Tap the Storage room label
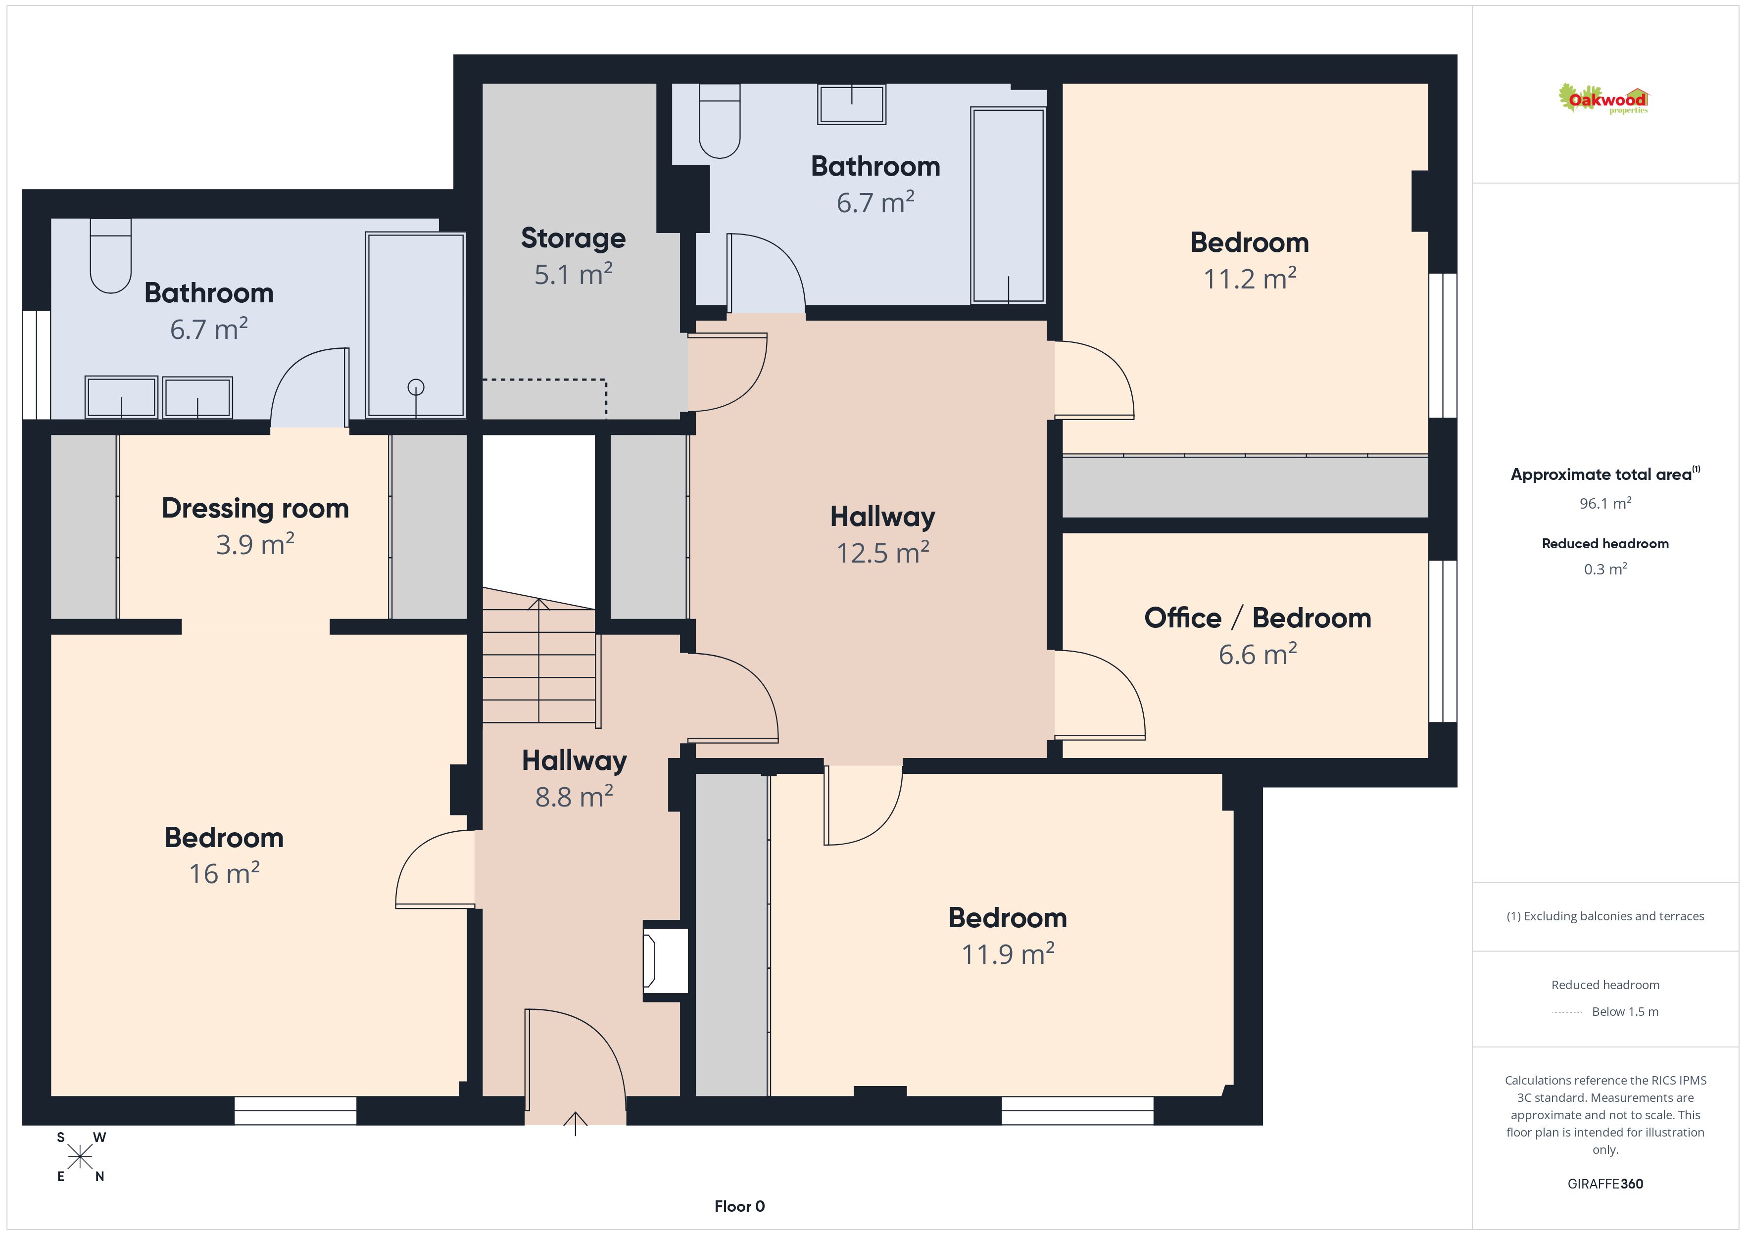click(574, 238)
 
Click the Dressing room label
click(255, 508)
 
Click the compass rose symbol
click(80, 1157)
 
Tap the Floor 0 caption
click(739, 1206)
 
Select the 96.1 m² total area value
click(1605, 503)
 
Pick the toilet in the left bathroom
click(111, 255)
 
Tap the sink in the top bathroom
click(852, 104)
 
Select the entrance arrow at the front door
click(576, 1123)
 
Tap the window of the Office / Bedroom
click(1443, 641)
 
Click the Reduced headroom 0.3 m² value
click(1605, 569)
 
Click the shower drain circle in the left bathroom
click(416, 387)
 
